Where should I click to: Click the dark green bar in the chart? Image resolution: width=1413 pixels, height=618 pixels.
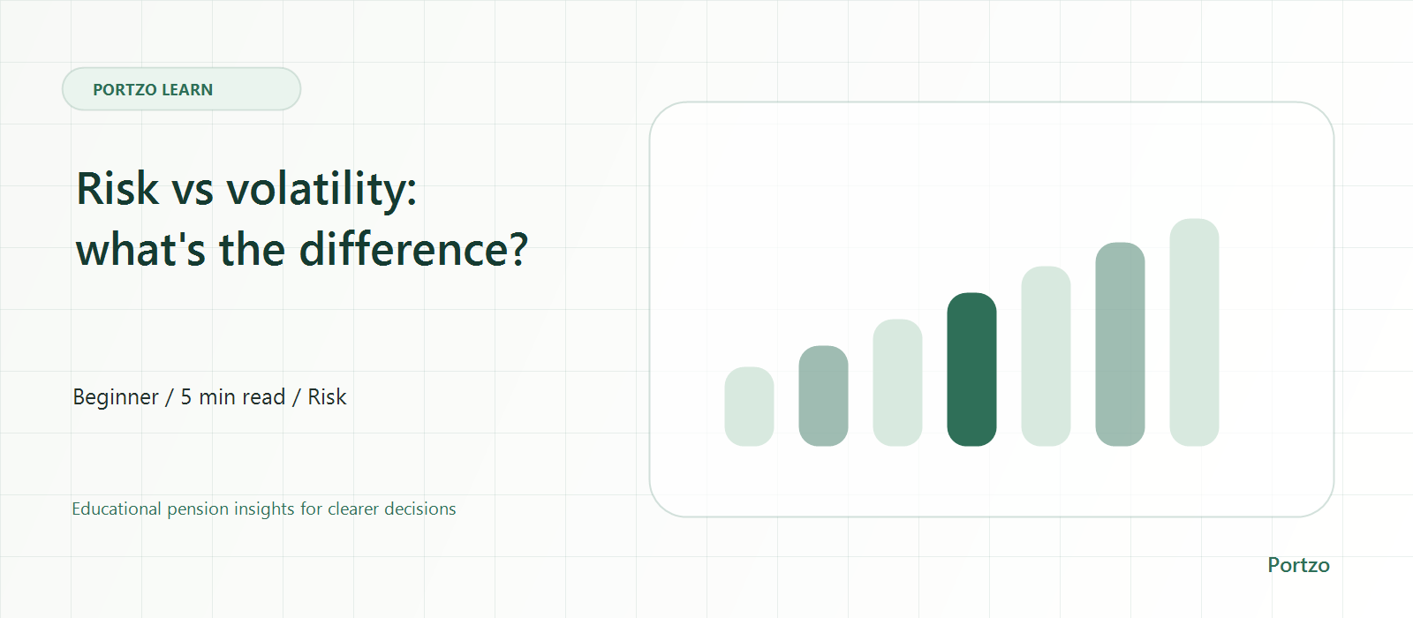click(x=971, y=369)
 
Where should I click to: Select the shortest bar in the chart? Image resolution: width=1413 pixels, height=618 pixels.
click(x=749, y=406)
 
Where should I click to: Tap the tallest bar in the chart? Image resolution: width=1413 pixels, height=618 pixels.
click(x=1194, y=332)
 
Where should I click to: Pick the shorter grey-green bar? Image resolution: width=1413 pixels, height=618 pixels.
click(x=823, y=396)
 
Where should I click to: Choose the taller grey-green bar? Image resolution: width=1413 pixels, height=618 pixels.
click(x=1120, y=343)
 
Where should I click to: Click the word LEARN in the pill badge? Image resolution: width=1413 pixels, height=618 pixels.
click(x=187, y=89)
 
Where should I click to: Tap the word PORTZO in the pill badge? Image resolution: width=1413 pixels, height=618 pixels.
click(x=125, y=89)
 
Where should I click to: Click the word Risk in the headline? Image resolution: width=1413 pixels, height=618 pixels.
click(x=117, y=188)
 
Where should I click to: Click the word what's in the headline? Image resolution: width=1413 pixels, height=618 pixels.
click(x=140, y=249)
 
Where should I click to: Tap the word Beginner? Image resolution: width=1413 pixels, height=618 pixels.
click(x=116, y=397)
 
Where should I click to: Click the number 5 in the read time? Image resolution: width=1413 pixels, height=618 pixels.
click(x=186, y=397)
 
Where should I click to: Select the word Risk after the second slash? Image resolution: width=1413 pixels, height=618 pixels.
click(x=327, y=397)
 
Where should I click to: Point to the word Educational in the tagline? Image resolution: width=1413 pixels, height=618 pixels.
click(x=116, y=509)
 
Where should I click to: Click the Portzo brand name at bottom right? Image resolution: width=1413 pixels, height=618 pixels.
click(x=1298, y=565)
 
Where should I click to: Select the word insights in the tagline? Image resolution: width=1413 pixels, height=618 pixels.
click(x=264, y=509)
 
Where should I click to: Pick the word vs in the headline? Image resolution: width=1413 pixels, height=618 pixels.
click(x=193, y=191)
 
